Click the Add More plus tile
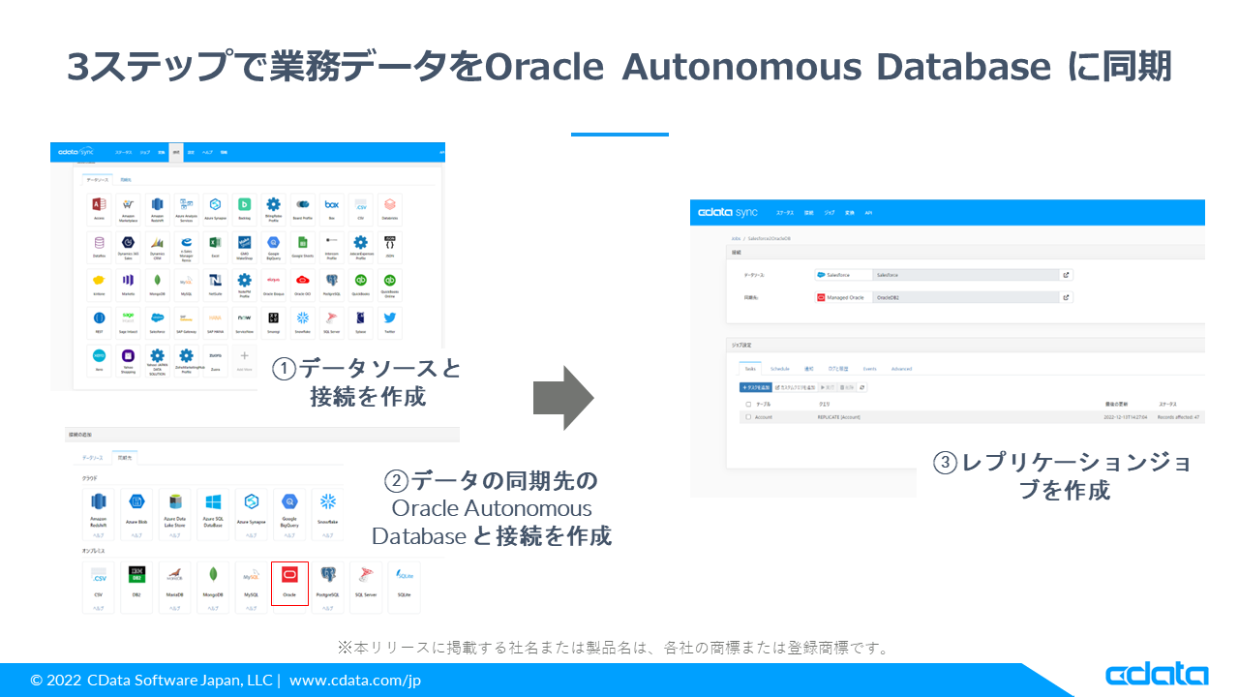244,358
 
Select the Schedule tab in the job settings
779,369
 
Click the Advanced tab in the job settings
901,369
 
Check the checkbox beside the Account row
748,417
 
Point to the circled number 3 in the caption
945,463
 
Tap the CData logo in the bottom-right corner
1157,675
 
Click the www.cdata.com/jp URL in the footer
355,680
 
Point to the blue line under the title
619,135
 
